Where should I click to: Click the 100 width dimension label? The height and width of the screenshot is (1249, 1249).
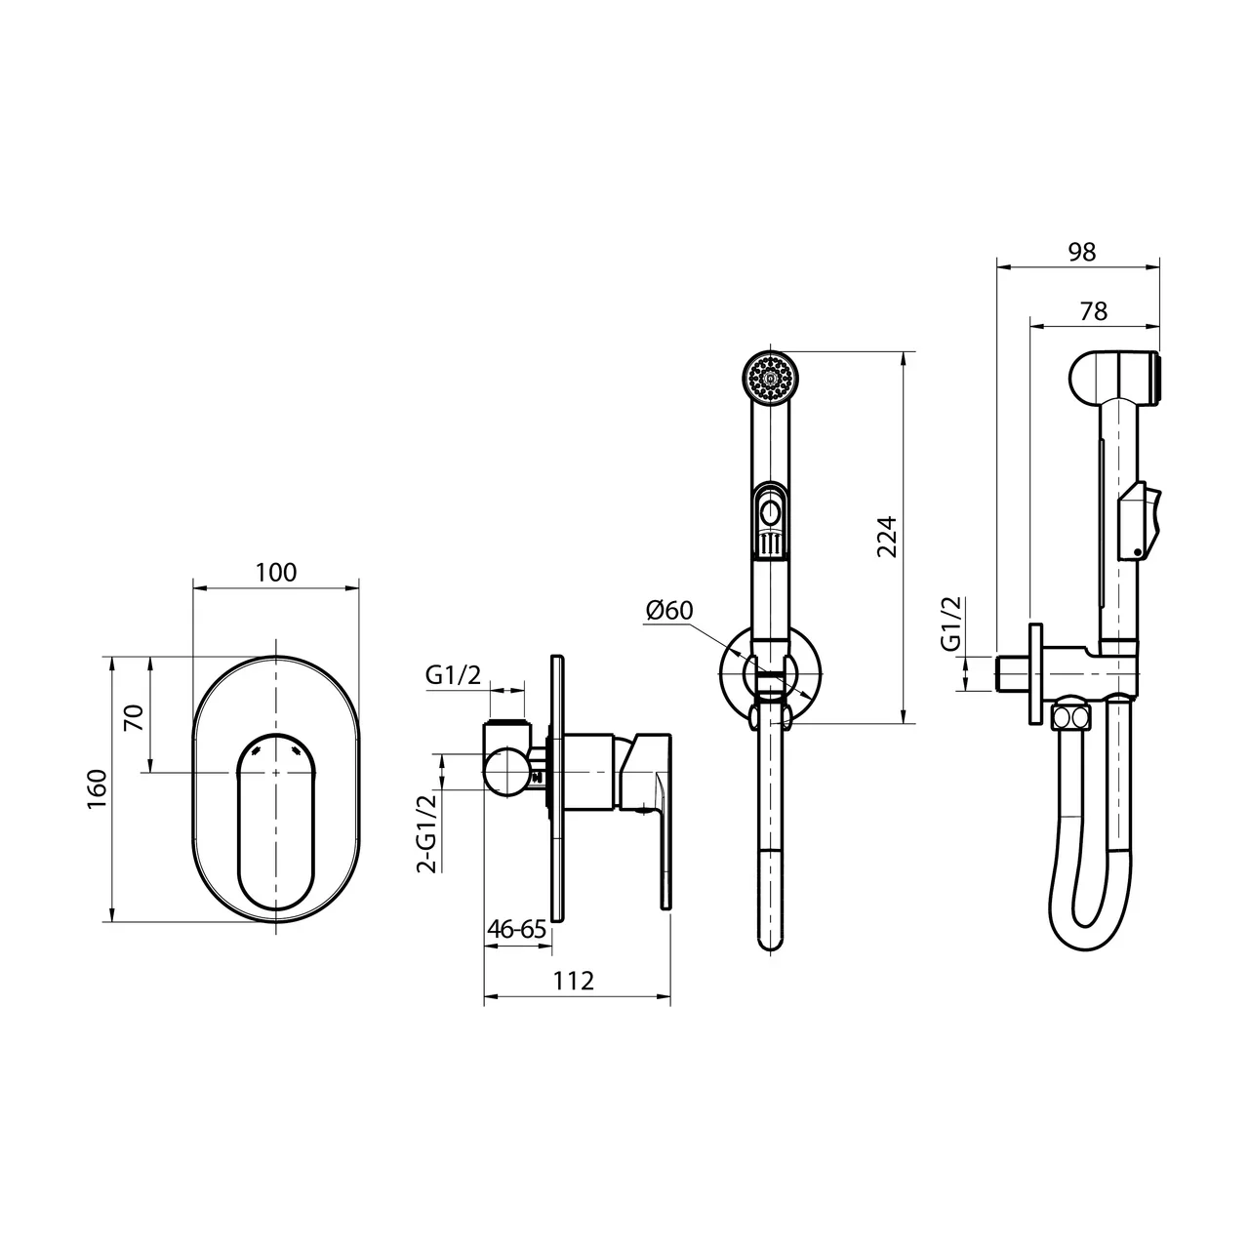275,573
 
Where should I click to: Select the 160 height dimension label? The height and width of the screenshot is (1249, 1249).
98,788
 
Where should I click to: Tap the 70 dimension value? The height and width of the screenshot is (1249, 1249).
134,717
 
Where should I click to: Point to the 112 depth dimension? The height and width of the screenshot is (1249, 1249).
573,982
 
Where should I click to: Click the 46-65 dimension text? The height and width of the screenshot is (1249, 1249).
517,929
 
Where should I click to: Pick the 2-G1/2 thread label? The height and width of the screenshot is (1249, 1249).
427,833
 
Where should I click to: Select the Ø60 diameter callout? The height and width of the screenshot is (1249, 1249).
669,610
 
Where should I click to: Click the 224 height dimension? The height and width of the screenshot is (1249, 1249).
887,537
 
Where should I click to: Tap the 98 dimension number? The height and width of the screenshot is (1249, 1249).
1082,252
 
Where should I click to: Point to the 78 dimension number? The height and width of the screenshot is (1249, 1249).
1094,312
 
